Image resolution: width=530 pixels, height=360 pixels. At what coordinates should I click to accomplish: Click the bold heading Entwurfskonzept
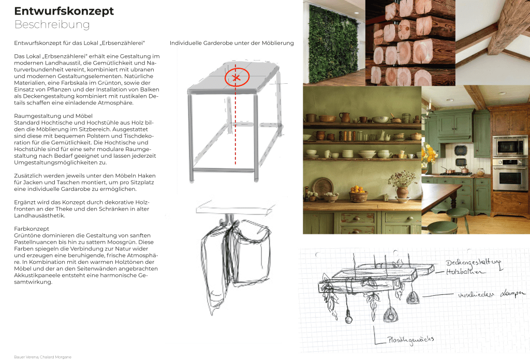pyautogui.click(x=64, y=11)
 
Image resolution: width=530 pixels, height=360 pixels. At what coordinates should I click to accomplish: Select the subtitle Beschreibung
pyautogui.click(x=52, y=24)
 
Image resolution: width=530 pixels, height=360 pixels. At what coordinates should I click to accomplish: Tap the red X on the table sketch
pyautogui.click(x=236, y=78)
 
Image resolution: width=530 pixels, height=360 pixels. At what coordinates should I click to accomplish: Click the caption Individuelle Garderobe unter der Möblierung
pyautogui.click(x=231, y=43)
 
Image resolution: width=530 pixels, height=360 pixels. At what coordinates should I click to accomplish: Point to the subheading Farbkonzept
pyautogui.click(x=32, y=229)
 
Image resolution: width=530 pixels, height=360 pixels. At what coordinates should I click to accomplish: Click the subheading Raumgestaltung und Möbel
pyautogui.click(x=53, y=116)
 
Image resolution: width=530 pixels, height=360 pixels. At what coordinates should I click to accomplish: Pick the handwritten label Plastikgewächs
pyautogui.click(x=410, y=340)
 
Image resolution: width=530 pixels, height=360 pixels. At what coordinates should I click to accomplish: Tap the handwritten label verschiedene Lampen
pyautogui.click(x=492, y=294)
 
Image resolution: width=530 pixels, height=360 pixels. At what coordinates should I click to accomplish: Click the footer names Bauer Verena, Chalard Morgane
pyautogui.click(x=42, y=357)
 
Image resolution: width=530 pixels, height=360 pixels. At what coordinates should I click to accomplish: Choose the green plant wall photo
pyautogui.click(x=333, y=43)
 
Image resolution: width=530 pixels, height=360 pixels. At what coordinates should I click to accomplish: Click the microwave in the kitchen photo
pyautogui.click(x=510, y=145)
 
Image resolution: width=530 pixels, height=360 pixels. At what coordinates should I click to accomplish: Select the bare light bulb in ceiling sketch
pyautogui.click(x=348, y=318)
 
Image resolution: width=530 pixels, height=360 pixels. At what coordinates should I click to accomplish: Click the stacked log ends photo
pyautogui.click(x=410, y=42)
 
